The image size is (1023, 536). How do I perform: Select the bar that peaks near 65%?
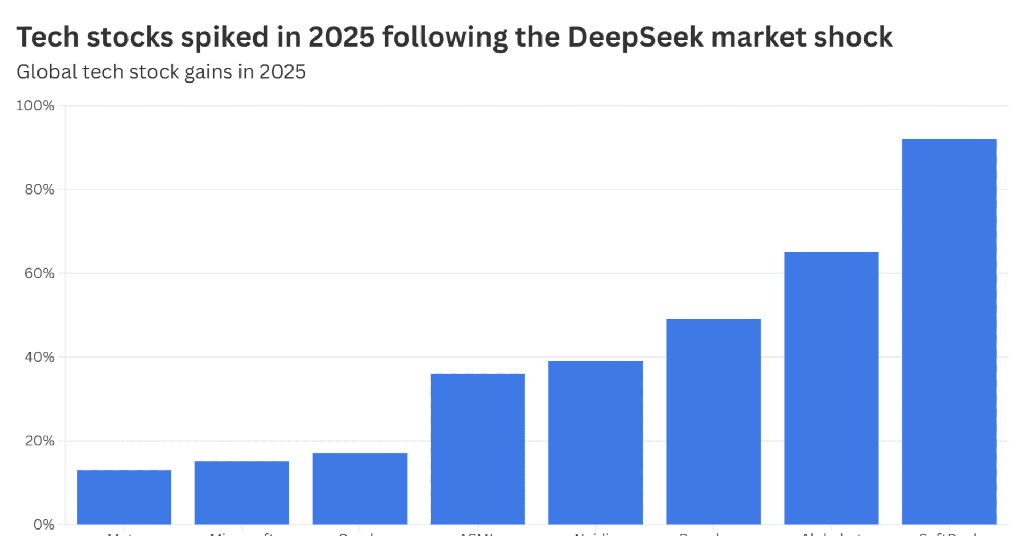(831, 388)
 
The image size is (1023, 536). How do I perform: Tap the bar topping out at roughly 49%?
(713, 421)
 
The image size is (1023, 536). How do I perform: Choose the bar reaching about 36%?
(478, 449)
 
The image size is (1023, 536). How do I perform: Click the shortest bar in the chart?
(124, 497)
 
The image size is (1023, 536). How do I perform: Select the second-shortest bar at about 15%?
(242, 493)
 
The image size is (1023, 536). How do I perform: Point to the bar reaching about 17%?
(360, 488)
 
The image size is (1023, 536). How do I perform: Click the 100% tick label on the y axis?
(35, 106)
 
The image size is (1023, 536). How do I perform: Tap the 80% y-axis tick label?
(40, 189)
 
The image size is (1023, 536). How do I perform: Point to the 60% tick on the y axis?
(40, 273)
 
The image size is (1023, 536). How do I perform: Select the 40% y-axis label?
(40, 357)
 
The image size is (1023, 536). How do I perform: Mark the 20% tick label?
(40, 441)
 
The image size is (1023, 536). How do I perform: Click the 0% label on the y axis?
(44, 524)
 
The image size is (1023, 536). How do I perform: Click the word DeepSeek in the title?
(635, 38)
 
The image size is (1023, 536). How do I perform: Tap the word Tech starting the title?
(48, 38)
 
